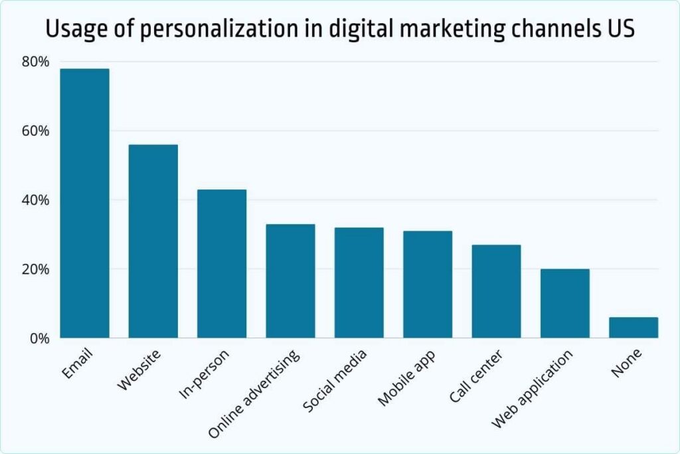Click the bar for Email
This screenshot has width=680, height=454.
pos(84,203)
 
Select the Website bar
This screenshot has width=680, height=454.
pos(153,241)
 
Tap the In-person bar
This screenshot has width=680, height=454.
pos(222,264)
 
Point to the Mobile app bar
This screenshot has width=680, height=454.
pos(428,284)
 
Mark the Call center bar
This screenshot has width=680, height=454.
pos(496,291)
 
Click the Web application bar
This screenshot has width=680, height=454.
pos(564,303)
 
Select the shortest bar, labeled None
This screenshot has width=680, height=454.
pos(634,328)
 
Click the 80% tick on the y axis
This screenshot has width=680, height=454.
pos(36,62)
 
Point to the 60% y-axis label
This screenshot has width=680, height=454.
pos(36,131)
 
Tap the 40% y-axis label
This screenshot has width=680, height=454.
pos(36,200)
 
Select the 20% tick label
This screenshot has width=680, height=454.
pos(36,269)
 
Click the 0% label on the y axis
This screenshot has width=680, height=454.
pos(39,338)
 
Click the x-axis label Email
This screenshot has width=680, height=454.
pos(78,364)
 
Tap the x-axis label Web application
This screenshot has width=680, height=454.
pos(532,390)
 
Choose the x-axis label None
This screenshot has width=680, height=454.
pos(627,364)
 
